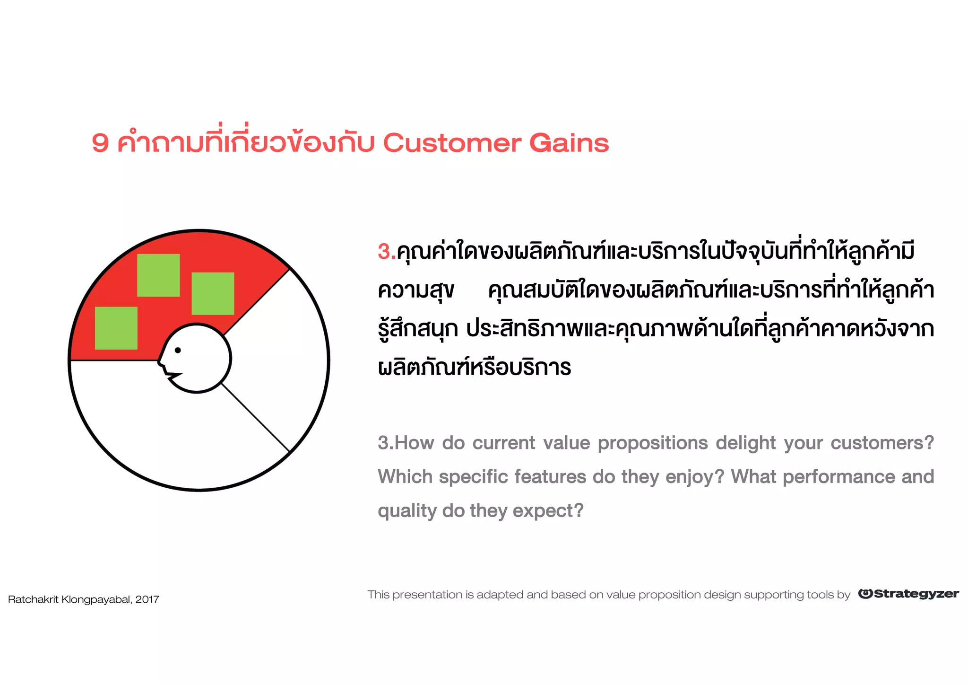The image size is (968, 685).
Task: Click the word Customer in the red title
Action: point(452,143)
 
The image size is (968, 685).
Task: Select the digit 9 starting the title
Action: point(100,143)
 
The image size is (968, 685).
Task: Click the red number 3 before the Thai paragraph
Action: point(384,252)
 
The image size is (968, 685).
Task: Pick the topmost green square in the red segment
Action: point(158,275)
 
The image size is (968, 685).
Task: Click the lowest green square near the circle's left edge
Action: point(116,328)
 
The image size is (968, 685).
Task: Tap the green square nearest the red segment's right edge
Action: point(213,293)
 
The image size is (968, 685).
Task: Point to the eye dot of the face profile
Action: point(178,350)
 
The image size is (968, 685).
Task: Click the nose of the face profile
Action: point(159,361)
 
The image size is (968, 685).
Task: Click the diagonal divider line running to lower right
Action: point(255,418)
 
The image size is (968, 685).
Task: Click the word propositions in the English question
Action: point(653,443)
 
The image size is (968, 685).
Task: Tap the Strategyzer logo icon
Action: point(865,594)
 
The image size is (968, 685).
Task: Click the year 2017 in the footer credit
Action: point(147,600)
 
